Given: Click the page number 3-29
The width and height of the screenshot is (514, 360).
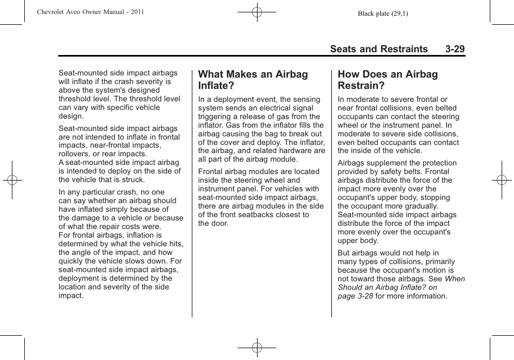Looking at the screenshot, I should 455,49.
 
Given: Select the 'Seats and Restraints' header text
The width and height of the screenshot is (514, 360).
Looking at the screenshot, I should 379,49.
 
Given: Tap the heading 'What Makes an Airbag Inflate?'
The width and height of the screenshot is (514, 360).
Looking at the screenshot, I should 253,80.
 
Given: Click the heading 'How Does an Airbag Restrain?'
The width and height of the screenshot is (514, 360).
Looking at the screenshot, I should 387,80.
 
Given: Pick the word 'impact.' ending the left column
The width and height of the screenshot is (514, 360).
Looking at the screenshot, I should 71,295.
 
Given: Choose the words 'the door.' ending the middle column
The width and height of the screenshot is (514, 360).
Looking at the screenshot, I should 213,223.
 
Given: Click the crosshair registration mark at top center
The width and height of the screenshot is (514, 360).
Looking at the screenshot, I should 257,11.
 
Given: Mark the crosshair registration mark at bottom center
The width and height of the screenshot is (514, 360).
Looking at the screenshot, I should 257,348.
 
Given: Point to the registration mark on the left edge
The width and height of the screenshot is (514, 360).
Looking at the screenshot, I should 12,180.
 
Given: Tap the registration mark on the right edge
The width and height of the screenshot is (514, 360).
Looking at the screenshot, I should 502,180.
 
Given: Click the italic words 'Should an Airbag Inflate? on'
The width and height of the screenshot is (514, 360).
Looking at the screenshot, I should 387,288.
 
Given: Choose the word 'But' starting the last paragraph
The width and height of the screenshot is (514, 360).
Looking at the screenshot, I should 344,253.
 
